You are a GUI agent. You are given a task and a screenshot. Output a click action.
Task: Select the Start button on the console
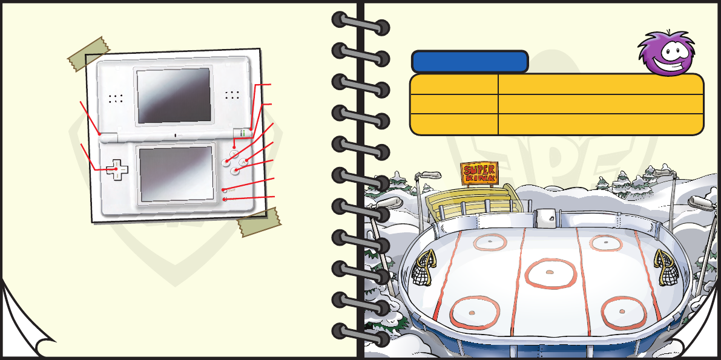tap(225, 190)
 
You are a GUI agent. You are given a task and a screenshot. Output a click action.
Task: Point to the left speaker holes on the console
tap(116, 97)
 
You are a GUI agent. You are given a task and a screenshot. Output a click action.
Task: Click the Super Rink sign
tap(479, 173)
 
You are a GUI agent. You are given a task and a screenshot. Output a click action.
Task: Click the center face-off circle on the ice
tap(550, 273)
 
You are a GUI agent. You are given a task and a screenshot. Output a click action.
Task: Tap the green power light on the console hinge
tap(242, 132)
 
